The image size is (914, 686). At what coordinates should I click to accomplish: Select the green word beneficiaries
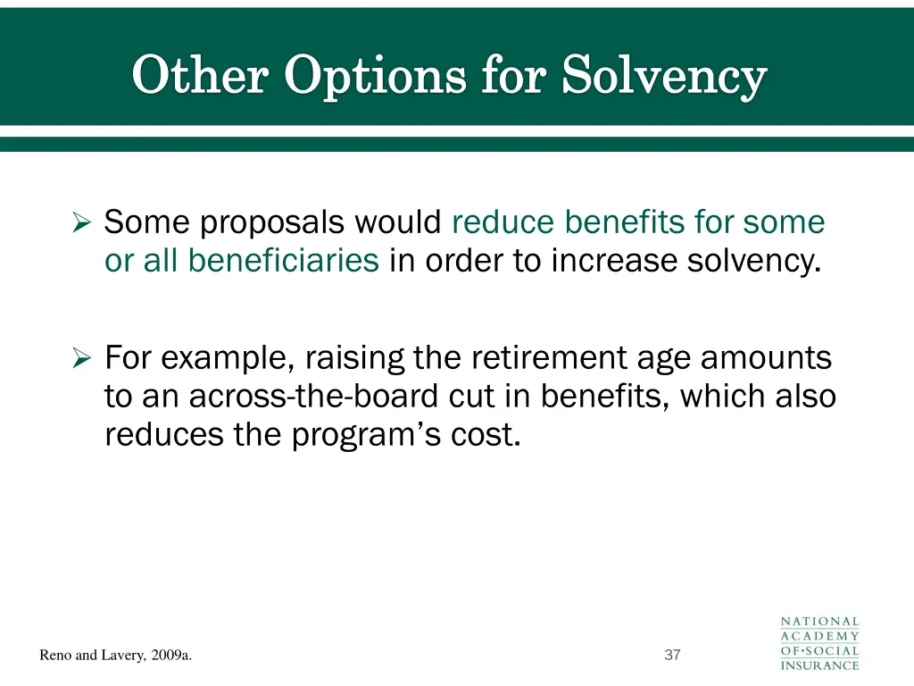pos(283,260)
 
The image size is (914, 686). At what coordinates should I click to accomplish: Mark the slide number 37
pos(673,655)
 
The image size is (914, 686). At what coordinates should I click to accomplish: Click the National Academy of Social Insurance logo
pos(819,642)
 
